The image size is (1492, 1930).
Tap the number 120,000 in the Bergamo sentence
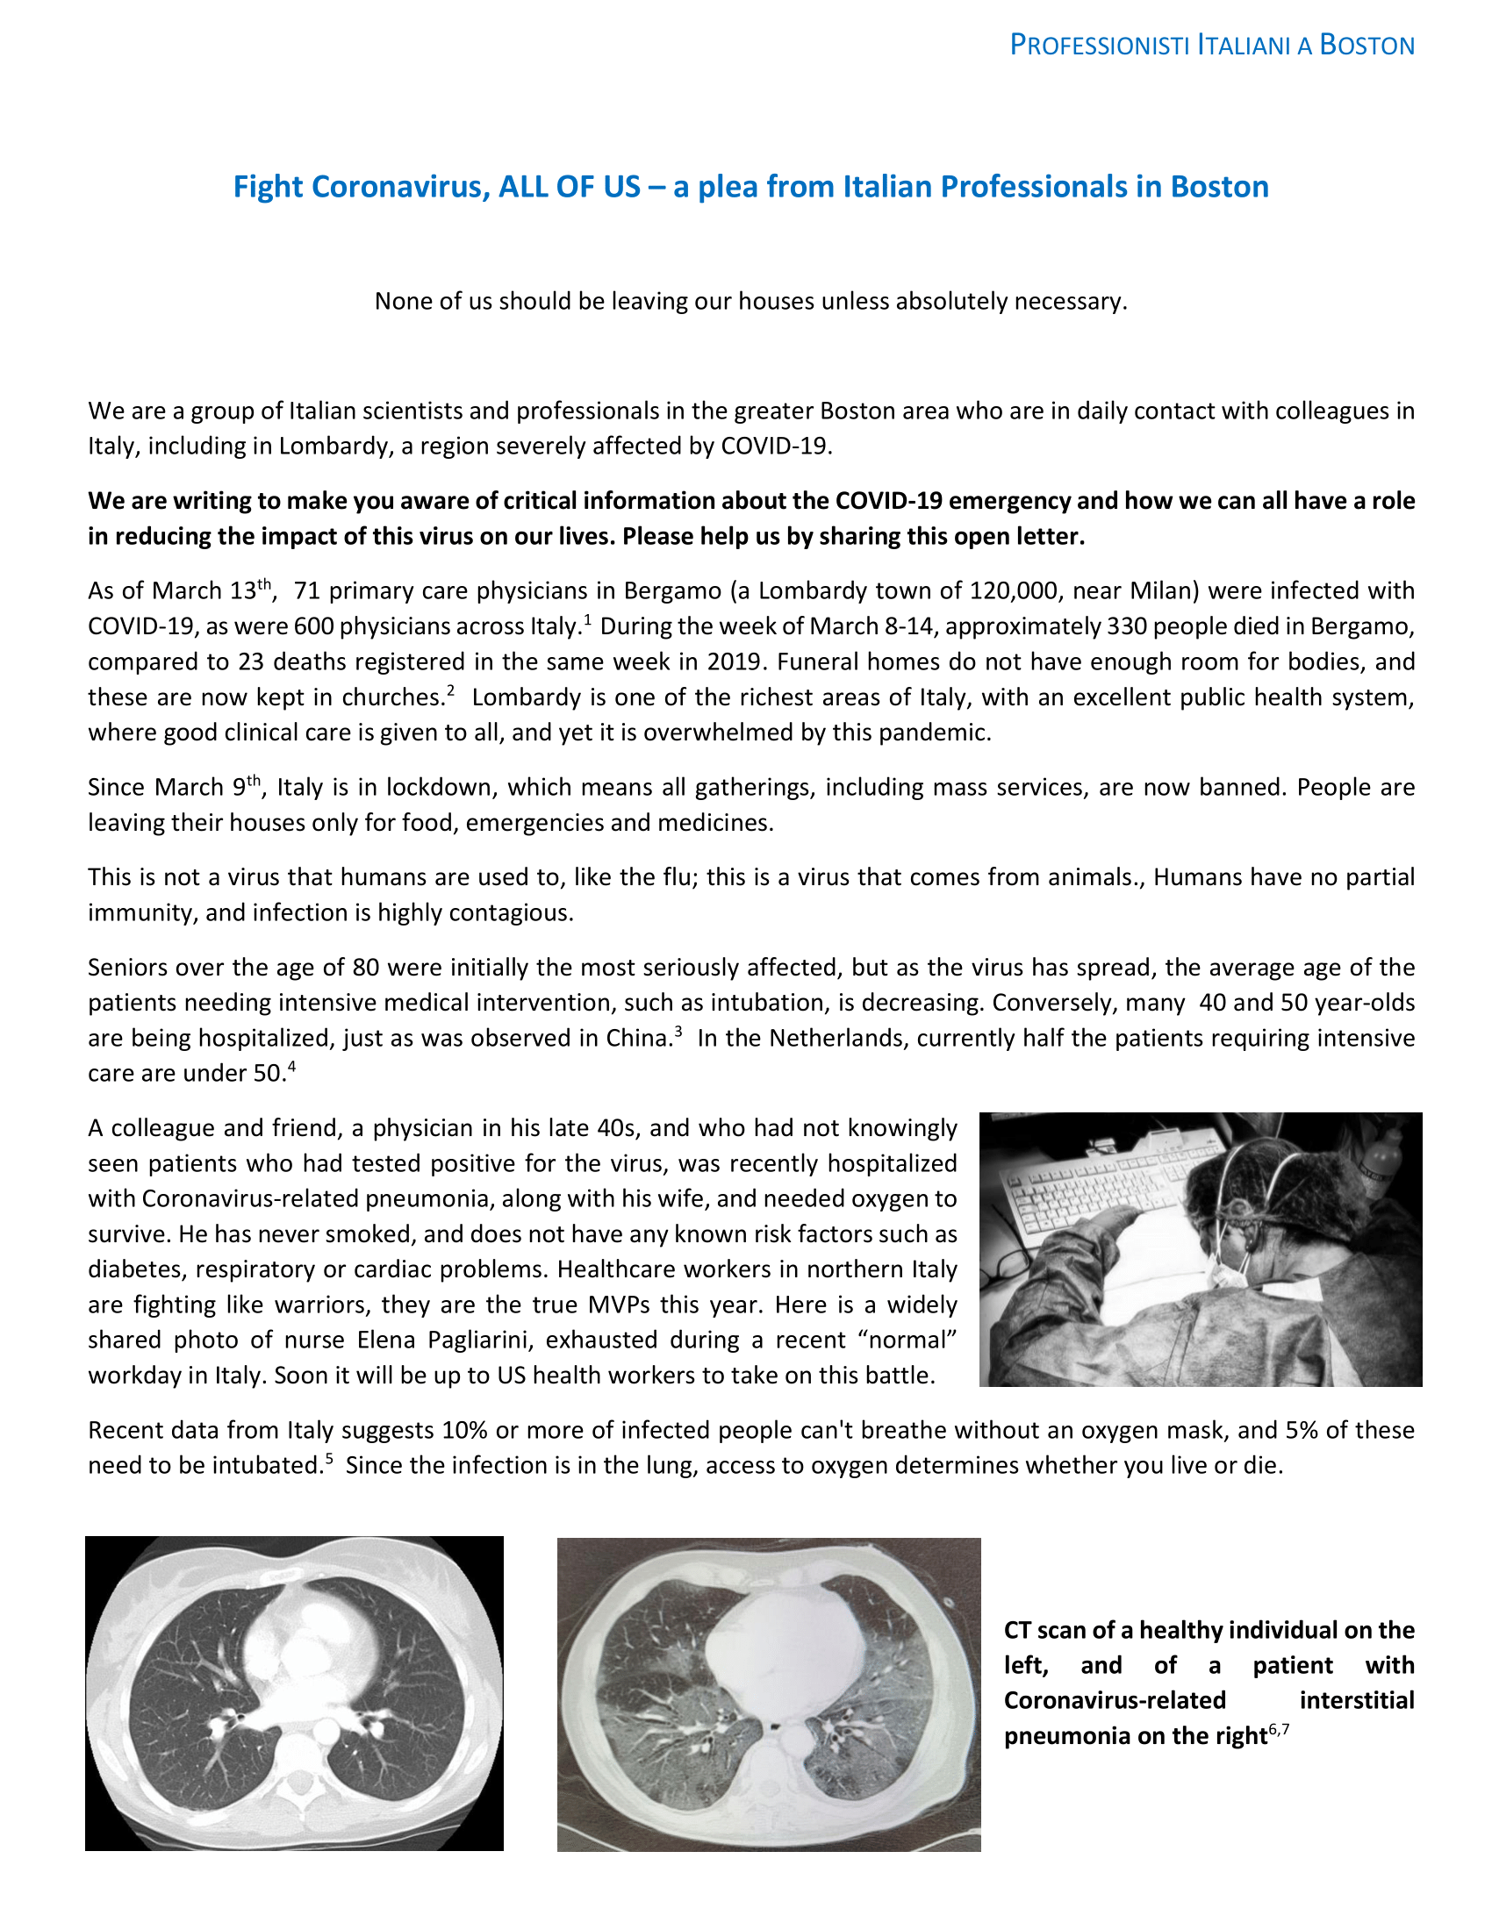pos(1015,590)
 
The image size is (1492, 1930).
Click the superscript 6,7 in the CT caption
pos(1278,1728)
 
